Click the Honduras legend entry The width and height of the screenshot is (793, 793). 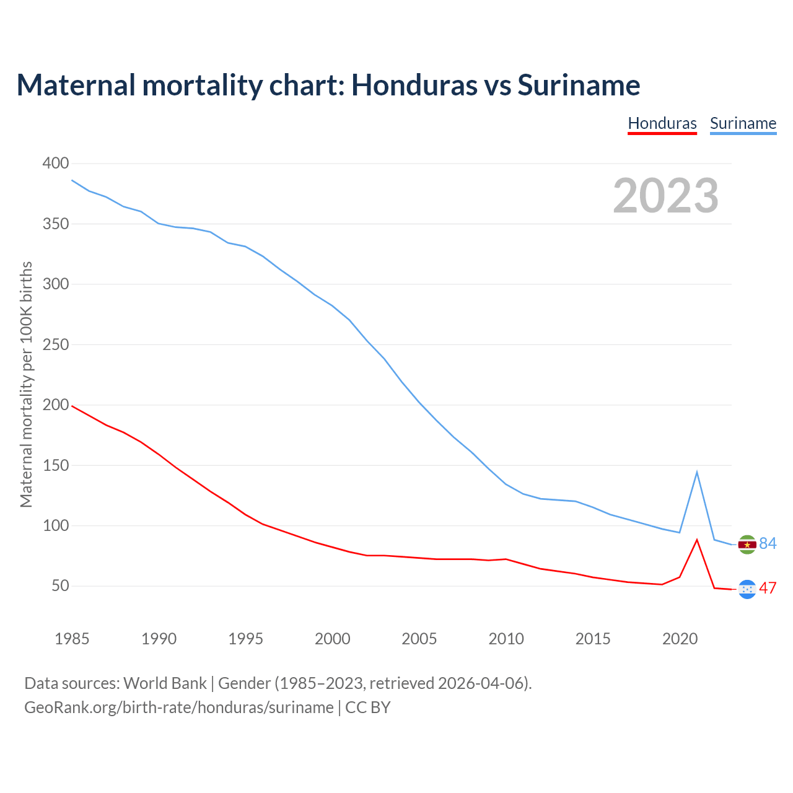[662, 123]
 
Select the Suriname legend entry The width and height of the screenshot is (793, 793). [743, 123]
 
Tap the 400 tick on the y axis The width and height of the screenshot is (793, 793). [56, 164]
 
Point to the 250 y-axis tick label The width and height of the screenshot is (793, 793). [56, 344]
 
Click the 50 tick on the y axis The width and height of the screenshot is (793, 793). [59, 586]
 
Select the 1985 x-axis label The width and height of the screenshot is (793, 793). [72, 639]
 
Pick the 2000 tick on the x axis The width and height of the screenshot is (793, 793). [333, 639]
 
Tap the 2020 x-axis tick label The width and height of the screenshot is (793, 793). [680, 639]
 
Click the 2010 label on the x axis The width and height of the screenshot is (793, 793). [506, 639]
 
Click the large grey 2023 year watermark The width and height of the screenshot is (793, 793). [666, 196]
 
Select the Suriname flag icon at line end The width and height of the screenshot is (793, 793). [747, 545]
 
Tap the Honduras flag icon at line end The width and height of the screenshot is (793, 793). [747, 589]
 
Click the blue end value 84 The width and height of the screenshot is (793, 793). [768, 543]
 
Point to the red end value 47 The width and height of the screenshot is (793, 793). [768, 588]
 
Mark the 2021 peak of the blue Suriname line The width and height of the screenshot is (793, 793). [697, 473]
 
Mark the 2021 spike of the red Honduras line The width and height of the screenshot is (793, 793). [697, 540]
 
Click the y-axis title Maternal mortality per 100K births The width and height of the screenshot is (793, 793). [26, 384]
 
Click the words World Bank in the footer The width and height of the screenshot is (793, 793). [165, 683]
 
